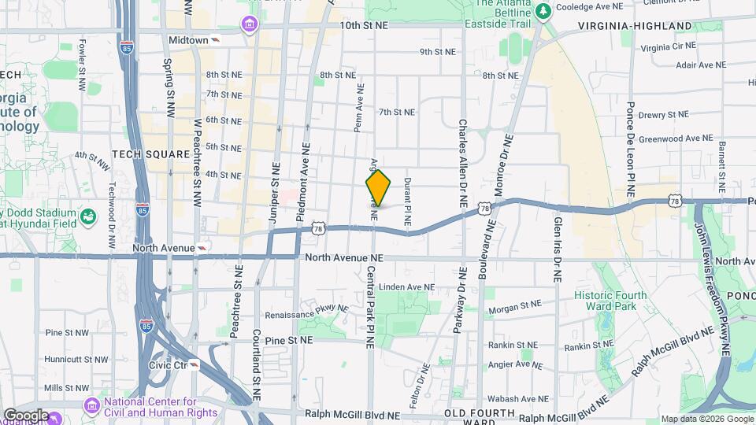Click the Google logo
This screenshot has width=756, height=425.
[26, 415]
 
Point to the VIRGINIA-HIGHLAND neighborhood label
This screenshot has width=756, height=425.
[635, 26]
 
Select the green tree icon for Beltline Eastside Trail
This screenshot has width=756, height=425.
[543, 12]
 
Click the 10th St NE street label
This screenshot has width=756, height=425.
[364, 25]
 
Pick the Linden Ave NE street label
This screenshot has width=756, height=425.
[406, 287]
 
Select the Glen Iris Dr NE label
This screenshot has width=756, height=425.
[557, 248]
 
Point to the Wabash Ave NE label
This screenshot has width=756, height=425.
[517, 399]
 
